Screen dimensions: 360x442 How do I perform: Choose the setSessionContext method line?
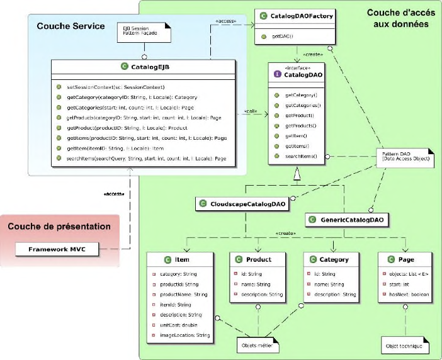(119, 87)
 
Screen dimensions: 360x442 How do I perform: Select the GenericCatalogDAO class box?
(347, 220)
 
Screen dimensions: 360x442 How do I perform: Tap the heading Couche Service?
(62, 26)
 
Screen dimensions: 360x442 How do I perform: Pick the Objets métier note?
(258, 345)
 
